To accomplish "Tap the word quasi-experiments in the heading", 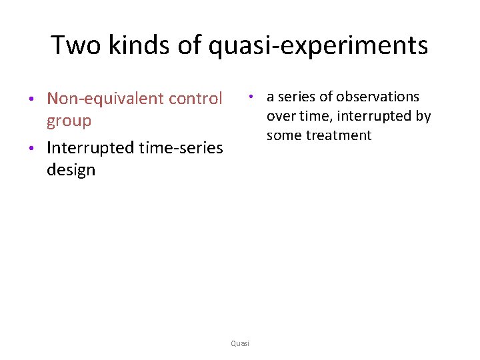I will (319, 45).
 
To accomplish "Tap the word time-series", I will (179, 147).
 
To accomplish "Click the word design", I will (71, 171).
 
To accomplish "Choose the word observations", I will (380, 97).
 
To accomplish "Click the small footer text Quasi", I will (240, 343).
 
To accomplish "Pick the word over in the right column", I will (279, 117).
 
